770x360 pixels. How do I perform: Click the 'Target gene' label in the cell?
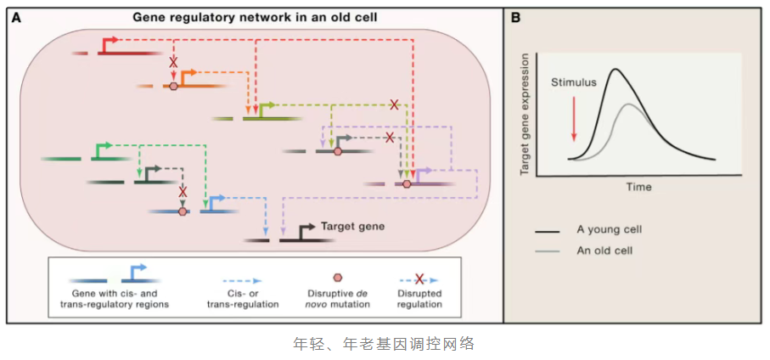click(352, 227)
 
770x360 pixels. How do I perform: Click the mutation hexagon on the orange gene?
click(173, 86)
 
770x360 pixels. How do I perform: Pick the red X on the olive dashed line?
click(394, 104)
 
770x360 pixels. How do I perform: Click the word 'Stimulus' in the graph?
click(574, 82)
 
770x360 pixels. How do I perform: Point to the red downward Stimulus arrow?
click(575, 118)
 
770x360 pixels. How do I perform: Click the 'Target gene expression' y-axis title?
click(526, 114)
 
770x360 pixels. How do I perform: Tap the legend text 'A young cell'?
click(609, 230)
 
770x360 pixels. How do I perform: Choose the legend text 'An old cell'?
click(605, 250)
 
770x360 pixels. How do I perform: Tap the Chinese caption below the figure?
click(383, 343)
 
